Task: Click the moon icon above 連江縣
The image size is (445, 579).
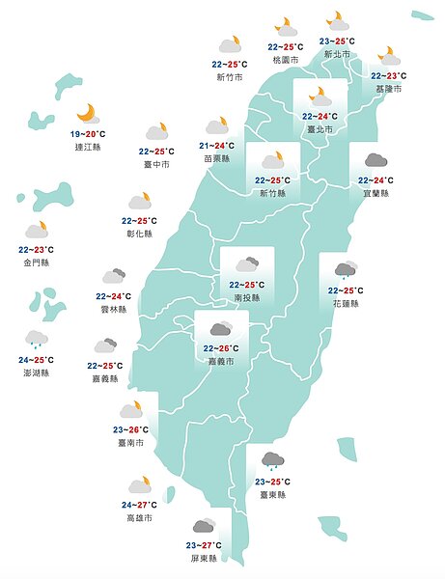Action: (88, 113)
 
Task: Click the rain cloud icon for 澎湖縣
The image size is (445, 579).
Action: (37, 339)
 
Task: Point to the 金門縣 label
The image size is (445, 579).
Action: (37, 262)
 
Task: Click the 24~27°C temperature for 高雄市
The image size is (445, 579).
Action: (140, 505)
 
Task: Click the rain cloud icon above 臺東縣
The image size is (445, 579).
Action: (271, 460)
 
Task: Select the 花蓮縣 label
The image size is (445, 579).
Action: (346, 303)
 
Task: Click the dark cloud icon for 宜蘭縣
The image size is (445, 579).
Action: (375, 160)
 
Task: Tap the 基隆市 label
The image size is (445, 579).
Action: (389, 89)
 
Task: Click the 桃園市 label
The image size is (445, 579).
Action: (286, 60)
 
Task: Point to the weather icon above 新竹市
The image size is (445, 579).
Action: (230, 44)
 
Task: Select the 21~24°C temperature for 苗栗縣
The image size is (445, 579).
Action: (217, 146)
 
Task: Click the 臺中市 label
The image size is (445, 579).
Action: (155, 164)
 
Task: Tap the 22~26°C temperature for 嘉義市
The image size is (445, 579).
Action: (221, 348)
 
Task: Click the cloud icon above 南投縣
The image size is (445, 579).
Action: (247, 263)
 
